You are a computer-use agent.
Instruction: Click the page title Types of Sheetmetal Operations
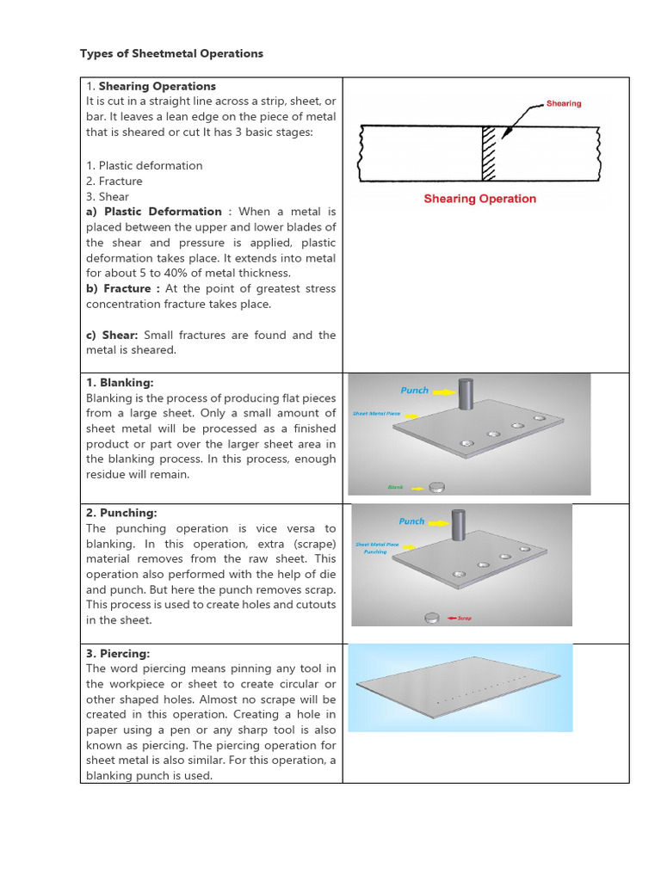tap(171, 53)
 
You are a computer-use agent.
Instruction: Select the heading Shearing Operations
tap(157, 86)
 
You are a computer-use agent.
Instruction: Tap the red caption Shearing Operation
tap(479, 199)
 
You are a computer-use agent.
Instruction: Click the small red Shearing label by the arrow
tap(564, 103)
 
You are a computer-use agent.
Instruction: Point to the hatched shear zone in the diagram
tap(489, 153)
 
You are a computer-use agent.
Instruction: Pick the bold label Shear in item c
tap(119, 336)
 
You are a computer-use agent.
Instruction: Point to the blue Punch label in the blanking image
tap(414, 391)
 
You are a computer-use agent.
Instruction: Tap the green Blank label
tap(395, 487)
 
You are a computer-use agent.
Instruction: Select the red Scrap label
tap(465, 618)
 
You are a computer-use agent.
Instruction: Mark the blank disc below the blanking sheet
tap(437, 487)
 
